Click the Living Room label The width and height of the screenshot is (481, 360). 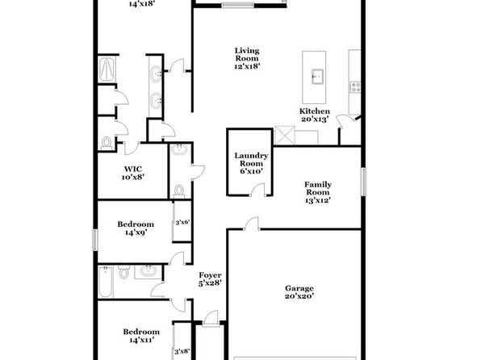(247, 54)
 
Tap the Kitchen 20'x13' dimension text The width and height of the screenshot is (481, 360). (315, 119)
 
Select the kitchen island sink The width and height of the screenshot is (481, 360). (317, 76)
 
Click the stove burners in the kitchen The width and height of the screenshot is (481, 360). (355, 87)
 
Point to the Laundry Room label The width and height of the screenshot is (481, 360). (251, 159)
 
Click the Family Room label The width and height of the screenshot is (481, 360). (318, 188)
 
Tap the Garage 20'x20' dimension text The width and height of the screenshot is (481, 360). (299, 296)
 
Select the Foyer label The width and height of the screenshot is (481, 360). (210, 275)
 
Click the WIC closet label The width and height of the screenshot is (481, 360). (133, 170)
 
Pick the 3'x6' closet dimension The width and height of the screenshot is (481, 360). (182, 222)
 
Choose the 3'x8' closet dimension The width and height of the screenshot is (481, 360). (182, 351)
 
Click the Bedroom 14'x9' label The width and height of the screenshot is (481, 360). (136, 228)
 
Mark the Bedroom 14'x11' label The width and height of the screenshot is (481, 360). (141, 336)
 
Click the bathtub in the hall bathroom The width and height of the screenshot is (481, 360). (106, 282)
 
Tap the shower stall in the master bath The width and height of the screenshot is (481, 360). (107, 69)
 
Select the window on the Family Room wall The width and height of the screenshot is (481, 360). (363, 182)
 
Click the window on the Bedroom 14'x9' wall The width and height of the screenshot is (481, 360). (95, 240)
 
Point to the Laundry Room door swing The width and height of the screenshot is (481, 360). (257, 190)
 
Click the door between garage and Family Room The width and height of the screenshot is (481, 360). (252, 224)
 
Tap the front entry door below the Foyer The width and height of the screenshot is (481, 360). (211, 318)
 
